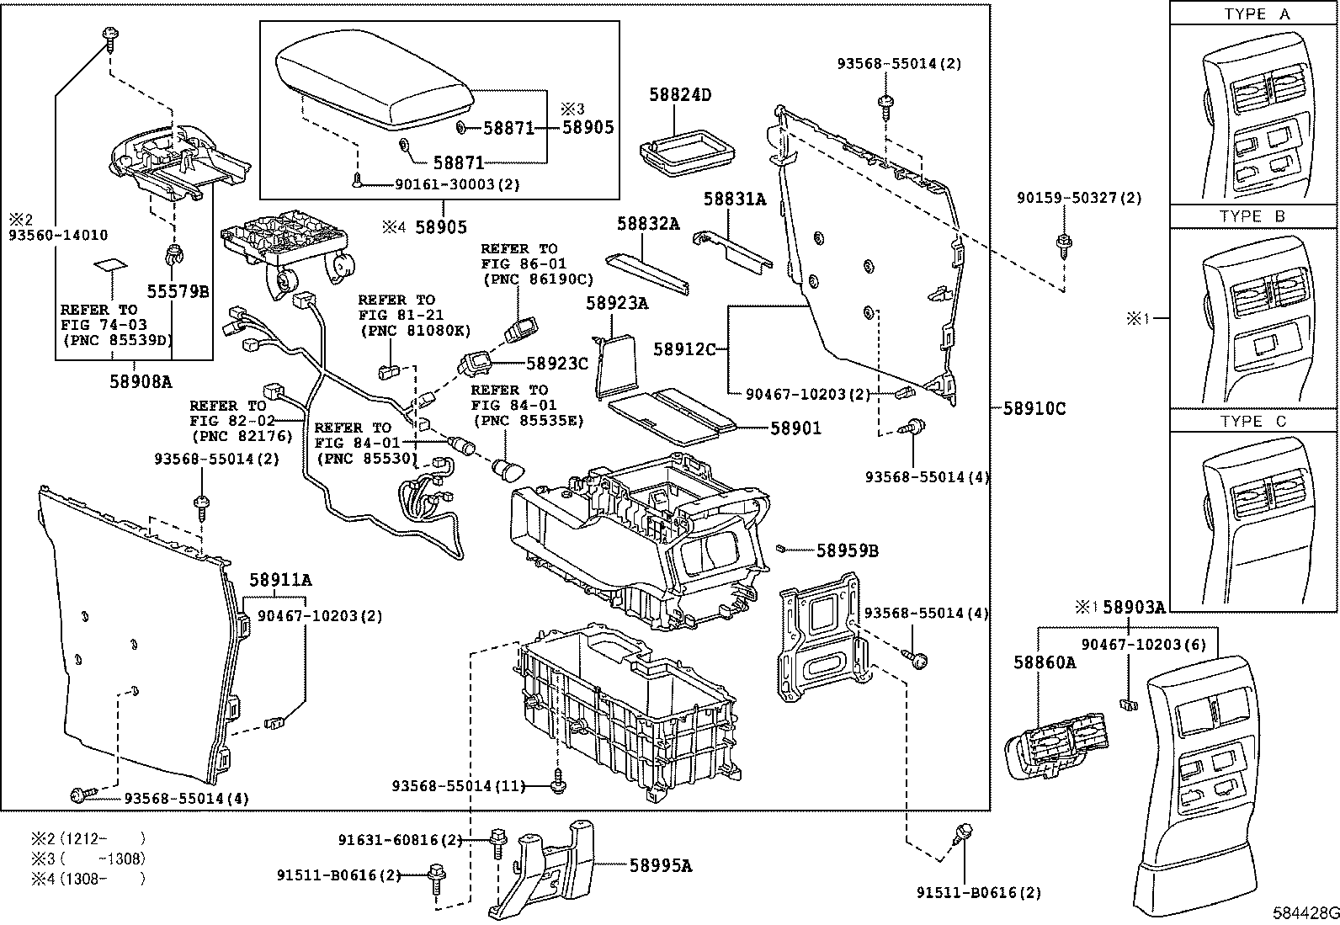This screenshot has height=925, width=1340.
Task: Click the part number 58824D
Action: point(679,94)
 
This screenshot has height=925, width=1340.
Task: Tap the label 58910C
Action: point(1034,409)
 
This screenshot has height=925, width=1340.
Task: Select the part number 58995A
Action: point(660,865)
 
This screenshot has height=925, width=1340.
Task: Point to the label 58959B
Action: point(847,550)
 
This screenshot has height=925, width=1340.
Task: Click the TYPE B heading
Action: point(1252,216)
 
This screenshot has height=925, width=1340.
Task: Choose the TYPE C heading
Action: point(1252,421)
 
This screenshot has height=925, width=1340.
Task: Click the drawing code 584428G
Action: point(1305,912)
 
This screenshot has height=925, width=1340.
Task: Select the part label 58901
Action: point(795,428)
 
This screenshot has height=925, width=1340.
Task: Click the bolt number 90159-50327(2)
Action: point(1079,198)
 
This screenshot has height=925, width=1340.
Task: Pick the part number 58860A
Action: point(1045,662)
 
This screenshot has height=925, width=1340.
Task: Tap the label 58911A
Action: point(279,580)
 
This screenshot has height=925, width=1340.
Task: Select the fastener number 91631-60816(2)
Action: point(401,839)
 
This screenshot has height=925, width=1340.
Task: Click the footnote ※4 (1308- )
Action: point(88,879)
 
